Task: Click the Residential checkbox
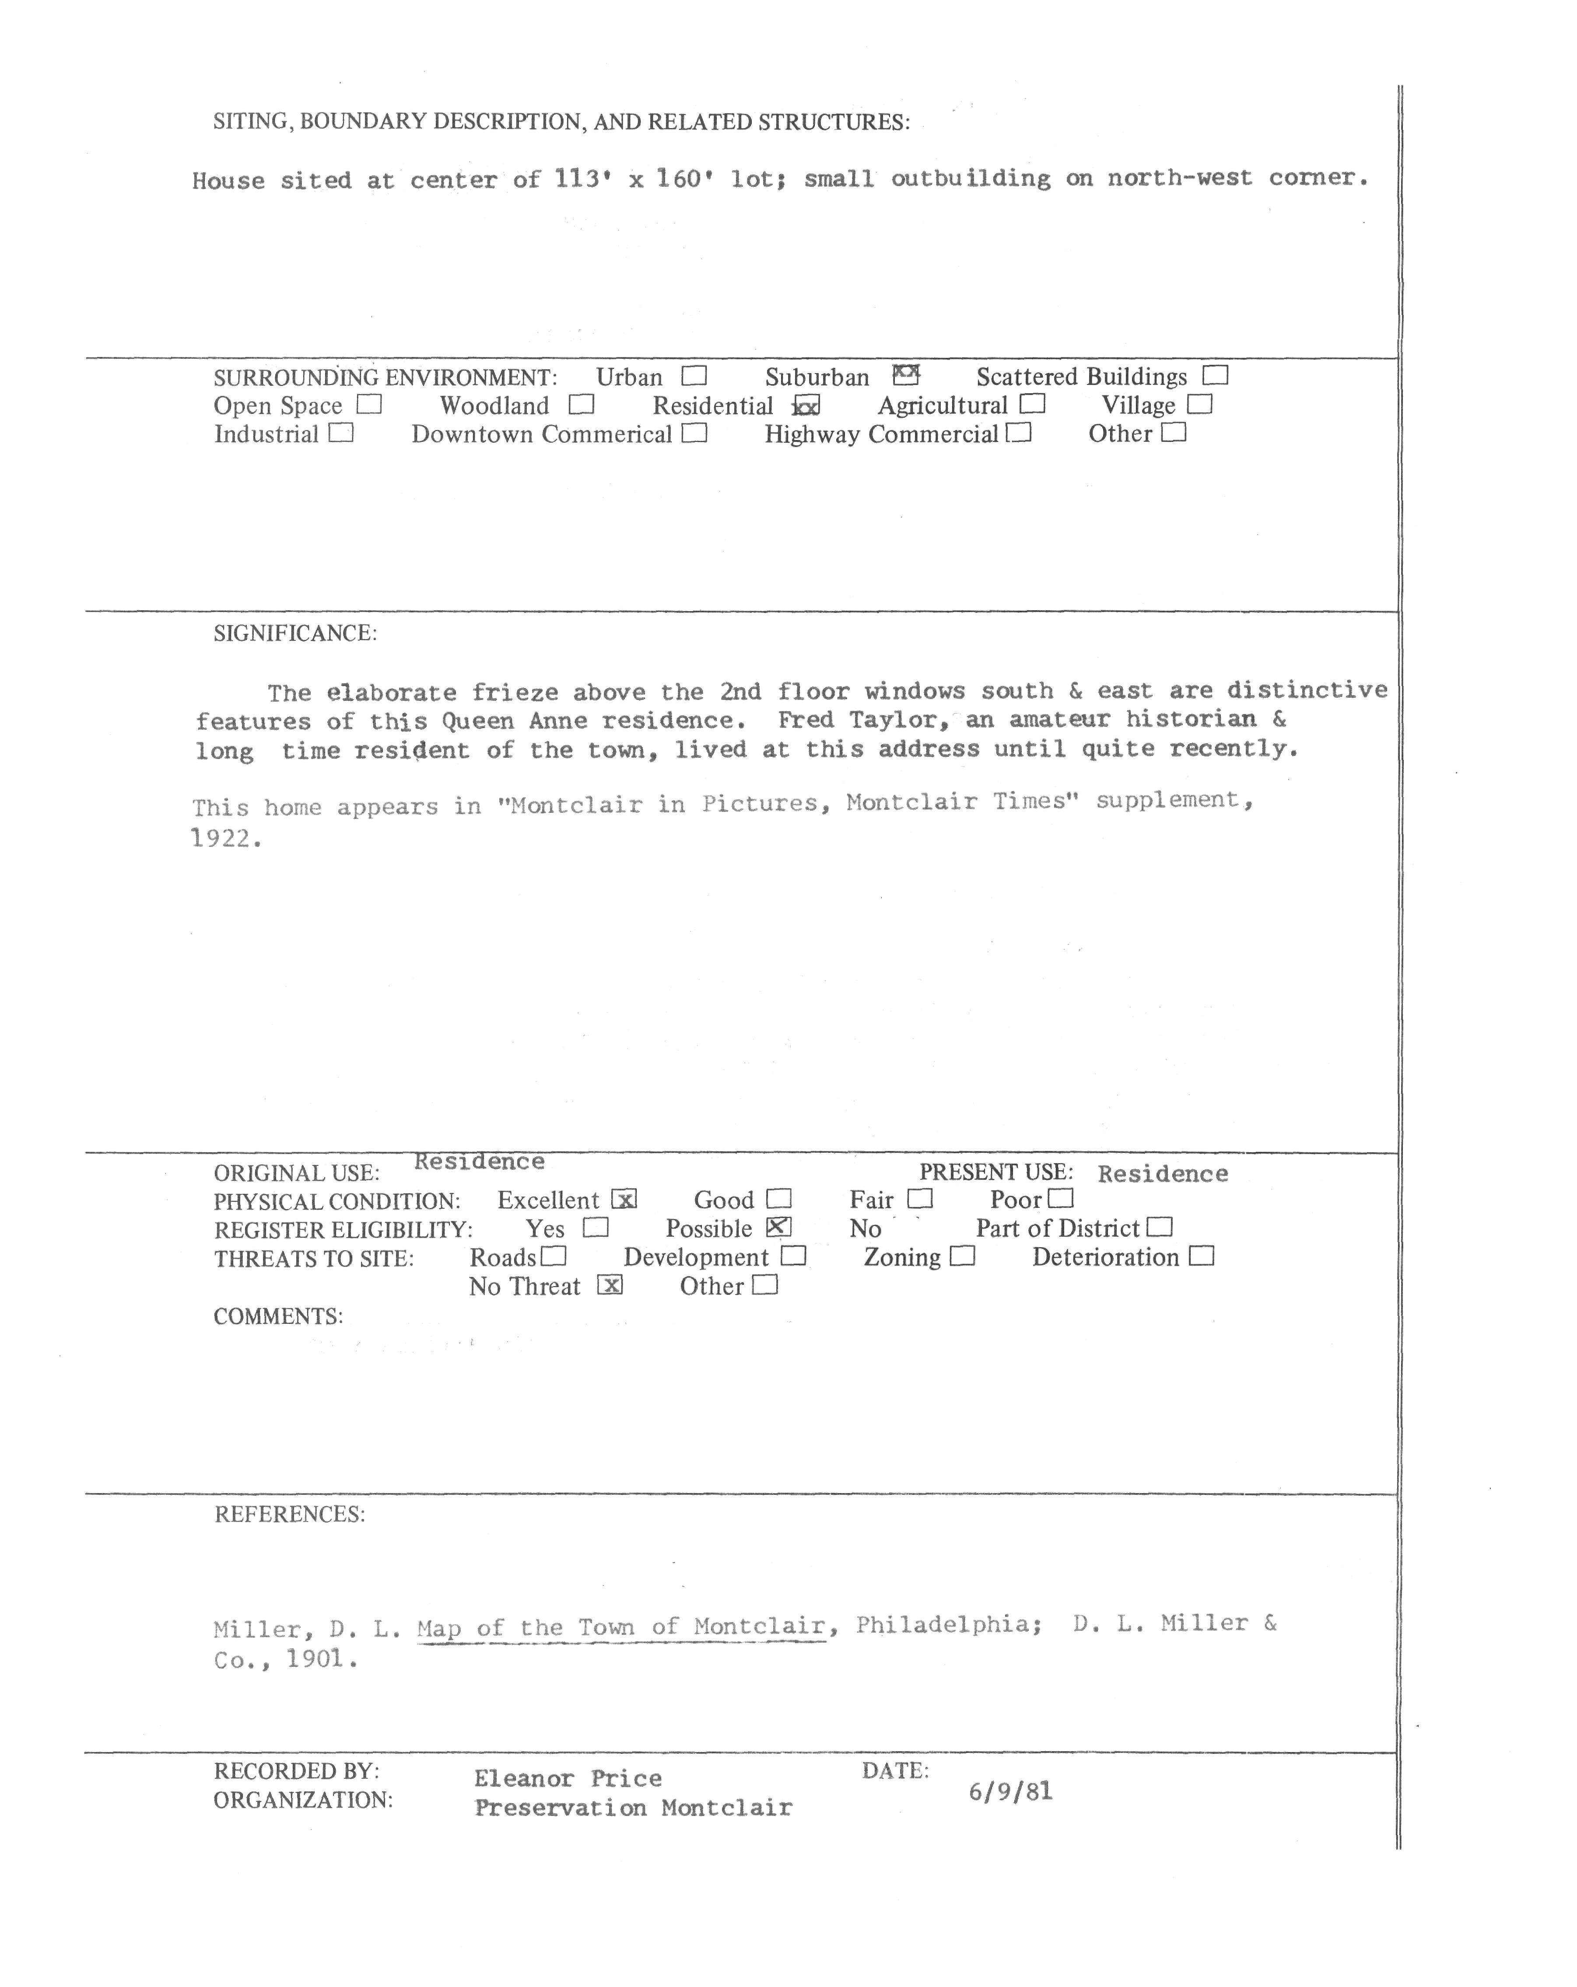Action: tap(806, 406)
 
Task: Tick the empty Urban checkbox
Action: tap(694, 376)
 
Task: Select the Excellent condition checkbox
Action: tap(624, 1199)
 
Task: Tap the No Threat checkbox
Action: tap(609, 1285)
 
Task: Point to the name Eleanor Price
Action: tap(568, 1778)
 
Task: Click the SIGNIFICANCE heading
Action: tap(295, 633)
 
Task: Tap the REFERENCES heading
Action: tap(289, 1514)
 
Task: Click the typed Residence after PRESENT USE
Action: tap(1162, 1173)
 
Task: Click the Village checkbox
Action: tap(1199, 405)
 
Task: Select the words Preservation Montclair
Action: tap(633, 1807)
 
